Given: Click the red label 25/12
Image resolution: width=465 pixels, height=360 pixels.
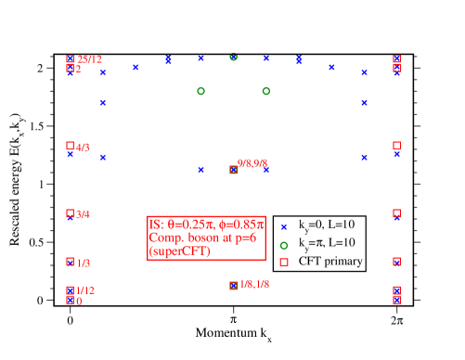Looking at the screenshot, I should coord(89,59).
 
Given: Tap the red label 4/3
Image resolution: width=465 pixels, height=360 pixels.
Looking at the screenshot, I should coord(83,147).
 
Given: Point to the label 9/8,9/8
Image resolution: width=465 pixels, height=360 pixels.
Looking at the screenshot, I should coord(252,163).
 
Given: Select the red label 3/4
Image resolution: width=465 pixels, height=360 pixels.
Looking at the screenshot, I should coord(83,214).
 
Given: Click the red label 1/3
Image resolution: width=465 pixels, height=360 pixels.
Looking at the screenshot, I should coord(83,264).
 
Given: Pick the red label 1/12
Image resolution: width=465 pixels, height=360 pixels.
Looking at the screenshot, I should coord(84,290).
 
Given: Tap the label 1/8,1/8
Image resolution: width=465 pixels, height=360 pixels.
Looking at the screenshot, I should coord(254,284).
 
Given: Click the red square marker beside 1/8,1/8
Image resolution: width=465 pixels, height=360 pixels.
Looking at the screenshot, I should coord(233,286).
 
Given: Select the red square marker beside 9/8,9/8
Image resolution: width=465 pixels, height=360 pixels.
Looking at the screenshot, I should coord(233,170).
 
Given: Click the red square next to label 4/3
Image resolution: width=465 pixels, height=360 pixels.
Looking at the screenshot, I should coord(70,146).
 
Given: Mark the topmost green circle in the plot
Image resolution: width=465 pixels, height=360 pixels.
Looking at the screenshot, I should coord(233,57).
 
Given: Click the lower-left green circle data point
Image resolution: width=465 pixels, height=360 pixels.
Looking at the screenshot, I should coord(200,91).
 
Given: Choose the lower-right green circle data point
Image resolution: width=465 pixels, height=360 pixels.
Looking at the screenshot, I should coord(265,91).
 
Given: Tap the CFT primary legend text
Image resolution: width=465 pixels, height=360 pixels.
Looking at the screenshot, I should coord(330,261).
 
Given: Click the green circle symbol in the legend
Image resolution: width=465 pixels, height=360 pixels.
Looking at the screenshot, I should coord(283,245).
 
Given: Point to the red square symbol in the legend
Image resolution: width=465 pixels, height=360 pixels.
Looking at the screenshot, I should coord(283,263).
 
